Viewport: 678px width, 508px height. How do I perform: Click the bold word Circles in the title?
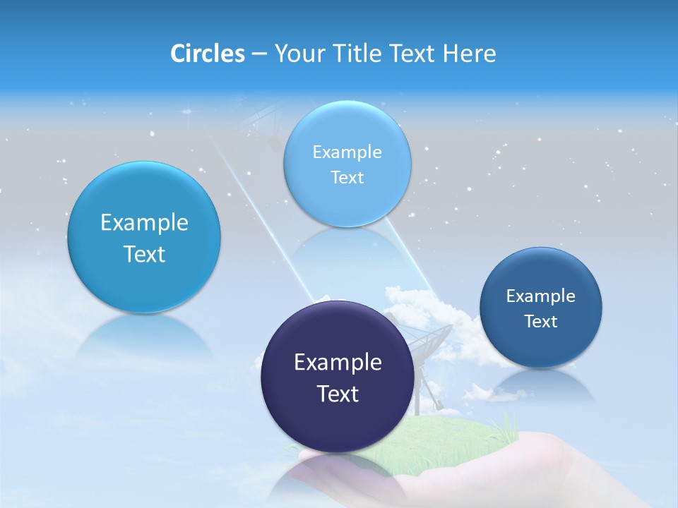pos(207,54)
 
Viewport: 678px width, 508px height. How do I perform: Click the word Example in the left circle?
pos(144,223)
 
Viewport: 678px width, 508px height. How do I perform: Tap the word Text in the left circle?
pos(144,254)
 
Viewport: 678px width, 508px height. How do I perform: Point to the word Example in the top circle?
pos(347,152)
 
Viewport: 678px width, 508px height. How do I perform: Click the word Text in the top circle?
pos(347,177)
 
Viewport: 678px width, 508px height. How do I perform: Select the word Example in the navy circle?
pos(338,363)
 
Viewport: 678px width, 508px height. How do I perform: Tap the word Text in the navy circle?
pos(338,394)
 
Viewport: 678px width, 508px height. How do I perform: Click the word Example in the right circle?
pos(540,296)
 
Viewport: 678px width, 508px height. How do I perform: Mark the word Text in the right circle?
pos(540,322)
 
